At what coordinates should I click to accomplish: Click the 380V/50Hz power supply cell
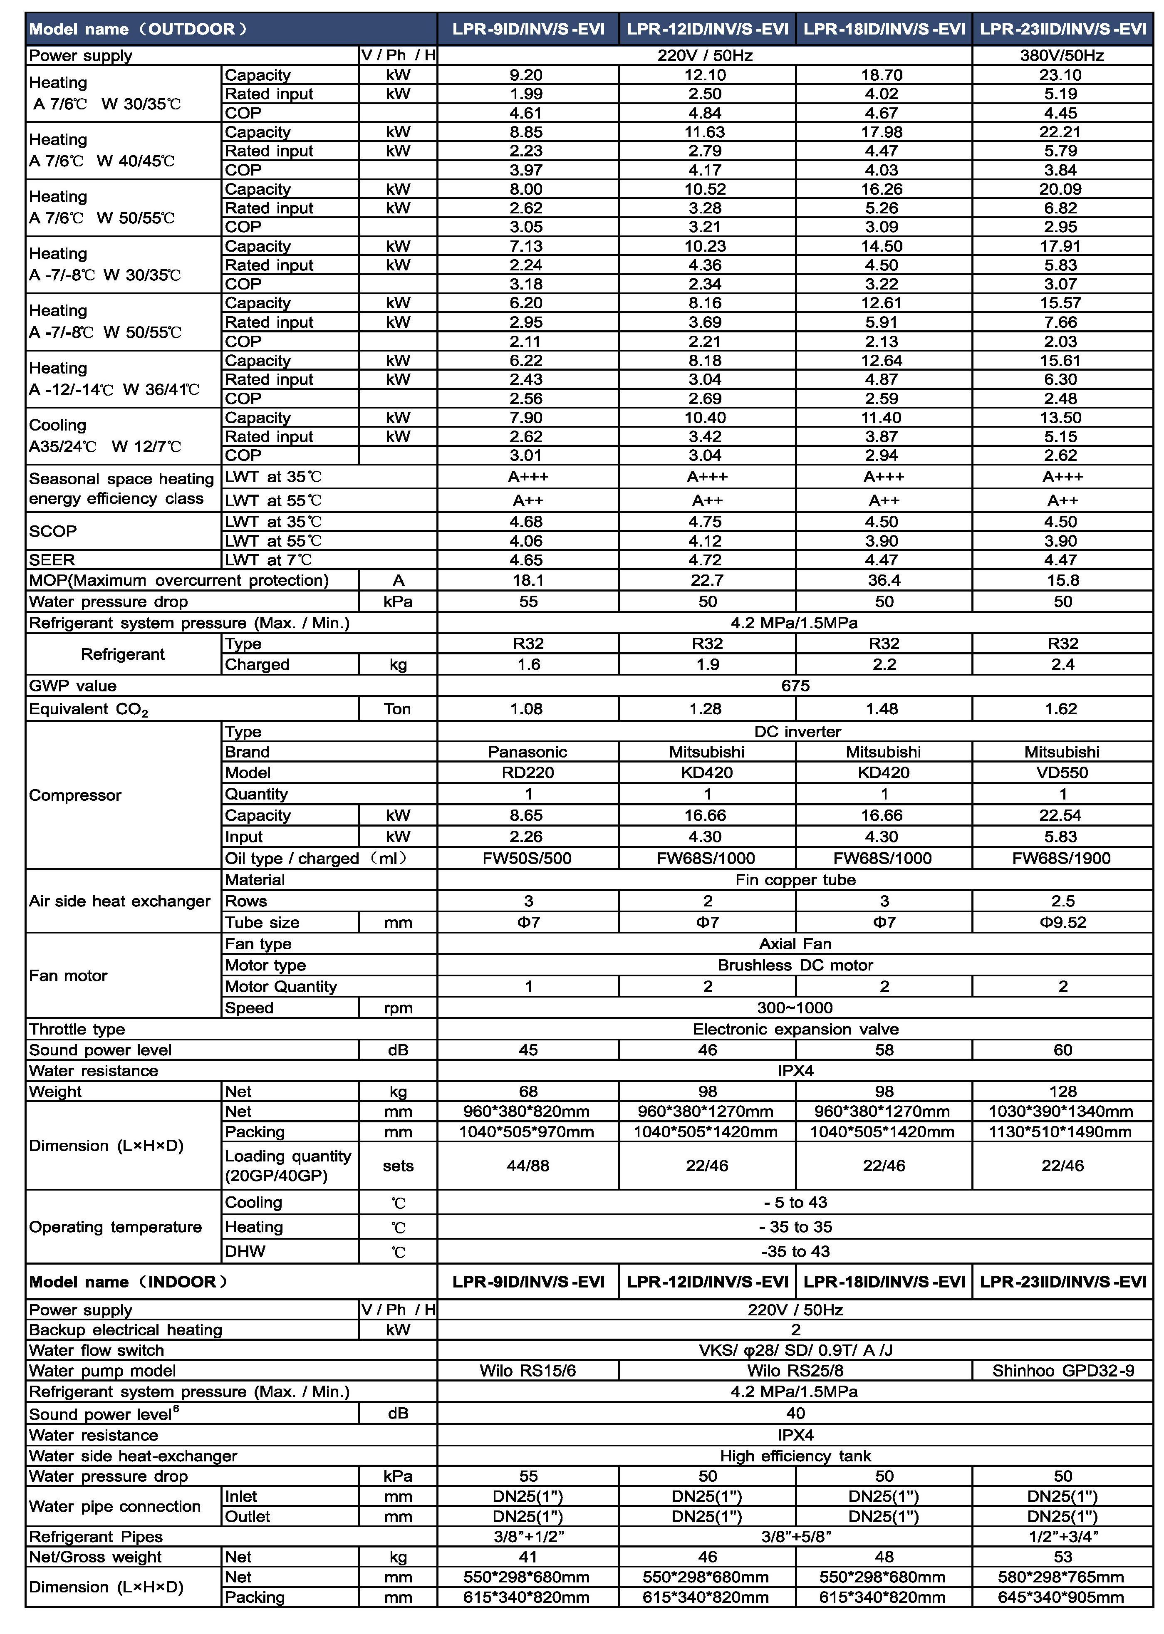pos(1062,55)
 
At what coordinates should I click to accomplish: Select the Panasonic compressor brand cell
pos(528,752)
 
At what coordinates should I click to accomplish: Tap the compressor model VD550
pos(1062,772)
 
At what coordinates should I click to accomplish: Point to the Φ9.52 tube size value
pos(1062,922)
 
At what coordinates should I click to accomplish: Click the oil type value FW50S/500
pos(528,858)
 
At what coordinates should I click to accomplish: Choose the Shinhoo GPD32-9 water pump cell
pos(1062,1371)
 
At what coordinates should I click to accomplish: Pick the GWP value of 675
pos(795,686)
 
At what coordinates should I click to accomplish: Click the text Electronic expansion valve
pos(795,1029)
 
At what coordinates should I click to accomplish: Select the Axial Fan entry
pos(795,944)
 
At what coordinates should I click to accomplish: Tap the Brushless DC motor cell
pos(795,966)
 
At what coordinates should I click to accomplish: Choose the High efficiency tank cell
pos(795,1456)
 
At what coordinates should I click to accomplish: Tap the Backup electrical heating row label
pos(126,1330)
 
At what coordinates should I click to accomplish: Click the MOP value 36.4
pos(884,580)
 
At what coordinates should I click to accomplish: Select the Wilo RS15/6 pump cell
pos(528,1371)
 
